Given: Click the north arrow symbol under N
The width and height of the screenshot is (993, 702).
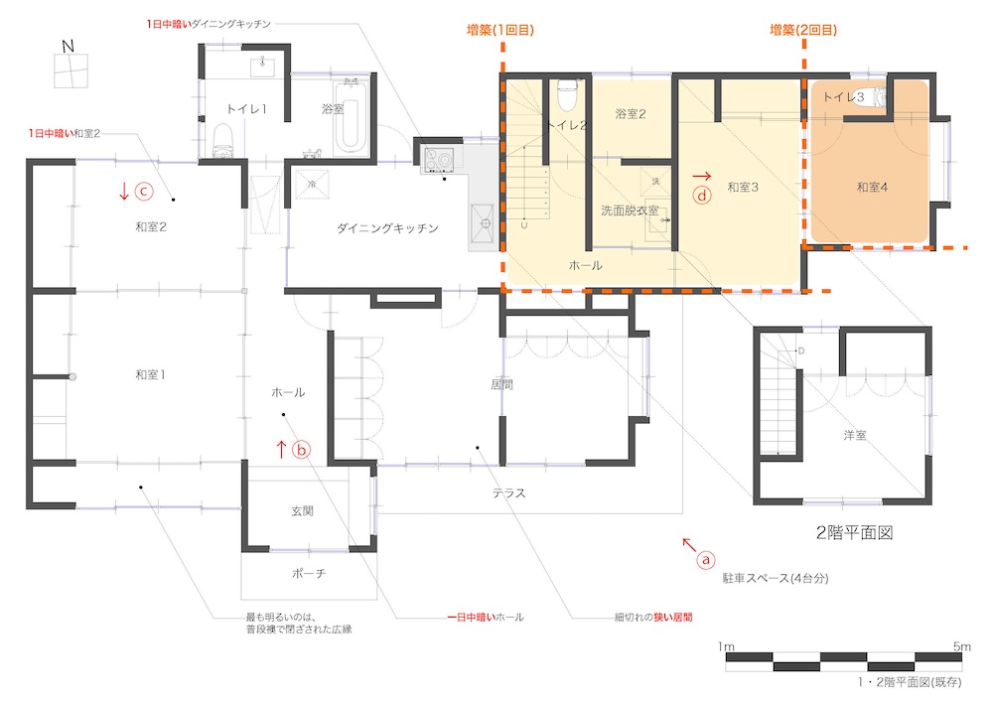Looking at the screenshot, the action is (71, 70).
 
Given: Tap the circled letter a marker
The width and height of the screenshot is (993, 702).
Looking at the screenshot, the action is (706, 560).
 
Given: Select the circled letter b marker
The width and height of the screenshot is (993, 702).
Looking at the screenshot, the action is (302, 450).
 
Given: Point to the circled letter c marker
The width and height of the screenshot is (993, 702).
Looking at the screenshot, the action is (144, 191).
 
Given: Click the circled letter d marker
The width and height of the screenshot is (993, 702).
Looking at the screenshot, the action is (701, 195).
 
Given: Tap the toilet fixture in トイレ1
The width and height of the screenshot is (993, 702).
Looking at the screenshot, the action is (222, 140).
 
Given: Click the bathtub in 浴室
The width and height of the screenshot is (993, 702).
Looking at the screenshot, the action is (351, 116).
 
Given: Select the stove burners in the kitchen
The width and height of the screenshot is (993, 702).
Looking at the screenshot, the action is (438, 160).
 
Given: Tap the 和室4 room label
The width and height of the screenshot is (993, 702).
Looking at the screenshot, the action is (872, 187).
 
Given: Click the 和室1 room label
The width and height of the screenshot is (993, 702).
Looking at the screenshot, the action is (150, 374).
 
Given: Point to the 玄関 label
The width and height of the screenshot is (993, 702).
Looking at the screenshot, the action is (303, 510).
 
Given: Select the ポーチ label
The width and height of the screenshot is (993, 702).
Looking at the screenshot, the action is (309, 573).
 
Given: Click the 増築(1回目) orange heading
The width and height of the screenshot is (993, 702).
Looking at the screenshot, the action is (500, 30).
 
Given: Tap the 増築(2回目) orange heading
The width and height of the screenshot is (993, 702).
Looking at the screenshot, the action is (803, 30).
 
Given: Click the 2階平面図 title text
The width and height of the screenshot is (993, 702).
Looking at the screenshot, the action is (854, 533).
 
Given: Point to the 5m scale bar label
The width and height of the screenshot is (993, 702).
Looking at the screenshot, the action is (961, 646).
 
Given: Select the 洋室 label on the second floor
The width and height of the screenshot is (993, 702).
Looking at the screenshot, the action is (855, 435).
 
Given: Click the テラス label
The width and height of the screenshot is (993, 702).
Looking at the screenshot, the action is (509, 492).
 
